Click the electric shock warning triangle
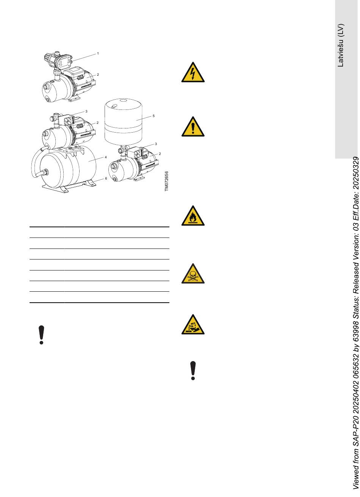(x=193, y=72)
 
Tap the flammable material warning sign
(x=193, y=216)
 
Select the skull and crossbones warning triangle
(x=193, y=274)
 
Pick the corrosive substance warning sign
(x=193, y=324)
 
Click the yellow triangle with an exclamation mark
(x=193, y=127)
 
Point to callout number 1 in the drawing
(x=98, y=53)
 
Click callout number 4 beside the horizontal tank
(x=106, y=157)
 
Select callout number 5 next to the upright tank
(x=153, y=116)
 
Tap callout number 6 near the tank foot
(x=106, y=178)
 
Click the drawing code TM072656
(x=166, y=181)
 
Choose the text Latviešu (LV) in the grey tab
(x=340, y=45)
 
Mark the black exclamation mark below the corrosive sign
(x=193, y=370)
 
